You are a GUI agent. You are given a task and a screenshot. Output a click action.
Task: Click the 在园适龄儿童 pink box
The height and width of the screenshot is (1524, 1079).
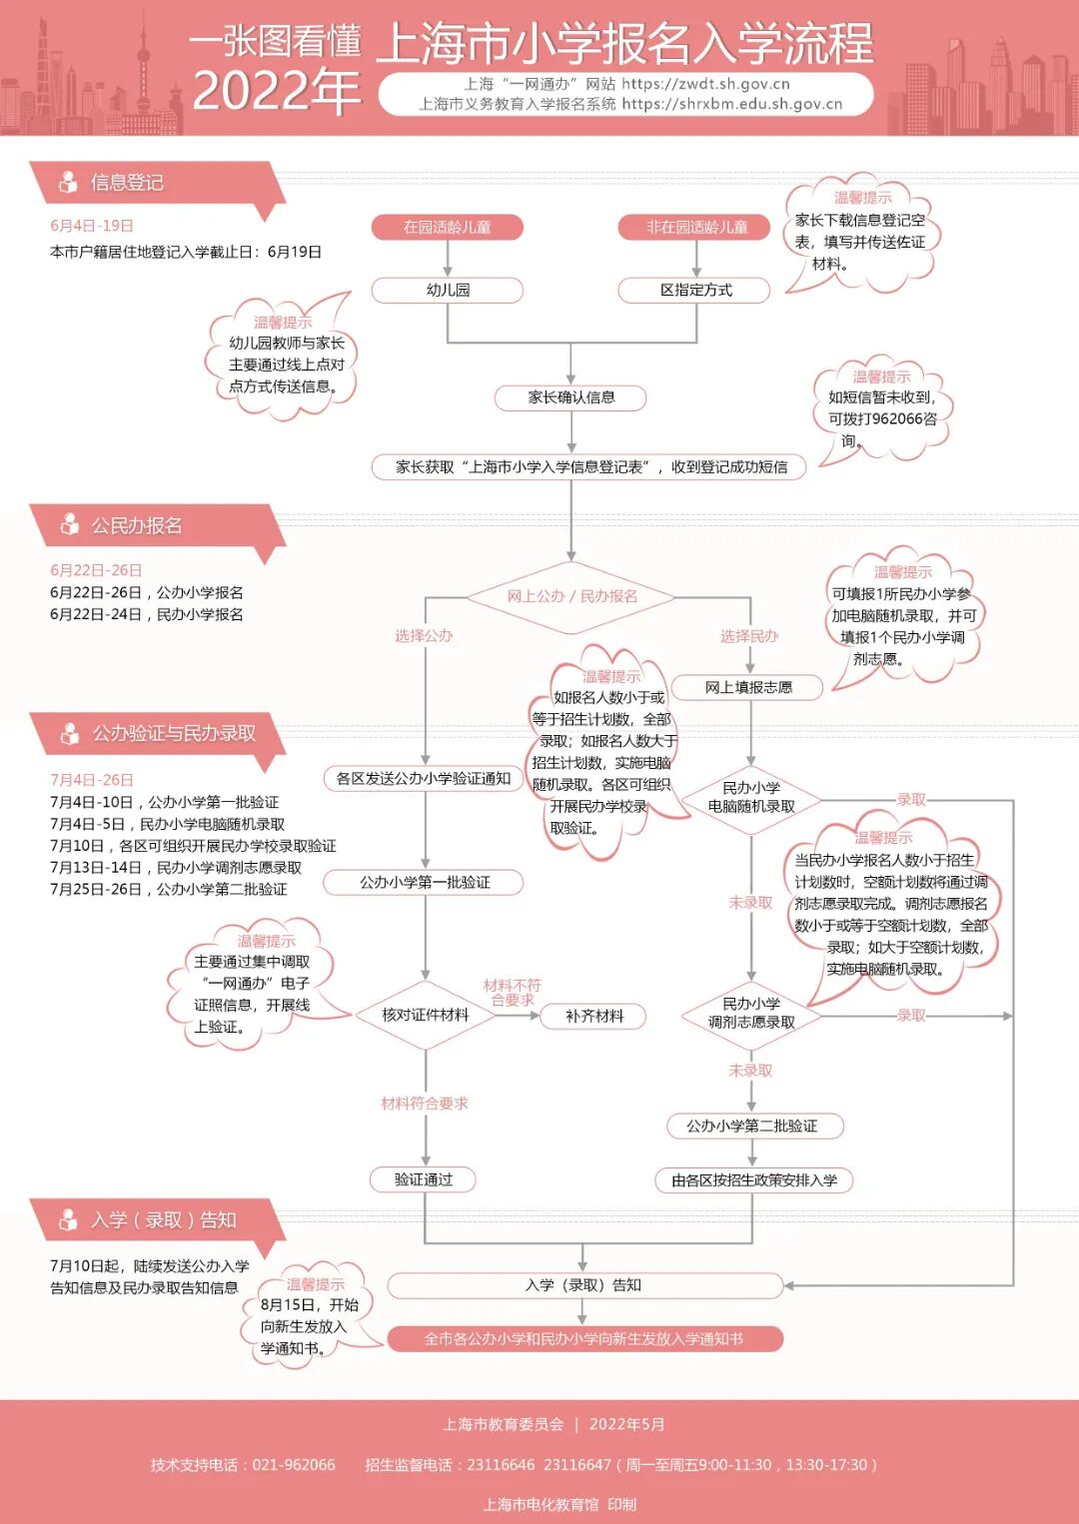tap(447, 227)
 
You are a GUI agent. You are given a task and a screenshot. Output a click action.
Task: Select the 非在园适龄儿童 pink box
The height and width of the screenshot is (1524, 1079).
tap(695, 227)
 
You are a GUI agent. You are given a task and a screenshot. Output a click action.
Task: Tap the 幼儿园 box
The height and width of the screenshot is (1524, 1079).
tap(447, 290)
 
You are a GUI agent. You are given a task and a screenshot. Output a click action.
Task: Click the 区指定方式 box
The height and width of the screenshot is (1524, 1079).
tap(695, 290)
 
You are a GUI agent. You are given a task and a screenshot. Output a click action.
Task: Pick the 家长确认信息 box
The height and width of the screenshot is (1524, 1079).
tap(570, 397)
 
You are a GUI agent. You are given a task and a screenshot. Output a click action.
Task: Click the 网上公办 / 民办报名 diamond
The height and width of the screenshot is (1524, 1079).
tap(571, 596)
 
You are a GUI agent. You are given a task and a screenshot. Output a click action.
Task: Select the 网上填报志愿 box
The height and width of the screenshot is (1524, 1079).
tap(748, 687)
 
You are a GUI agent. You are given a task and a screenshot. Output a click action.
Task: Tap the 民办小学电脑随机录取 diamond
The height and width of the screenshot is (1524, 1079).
tap(751, 798)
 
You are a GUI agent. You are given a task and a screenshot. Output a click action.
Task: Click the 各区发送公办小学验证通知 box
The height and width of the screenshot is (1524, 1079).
tap(424, 778)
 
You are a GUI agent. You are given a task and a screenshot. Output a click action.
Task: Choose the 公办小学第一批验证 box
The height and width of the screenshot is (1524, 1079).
tap(425, 882)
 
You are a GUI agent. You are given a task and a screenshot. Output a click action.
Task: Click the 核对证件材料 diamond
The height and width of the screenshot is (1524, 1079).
tap(425, 1015)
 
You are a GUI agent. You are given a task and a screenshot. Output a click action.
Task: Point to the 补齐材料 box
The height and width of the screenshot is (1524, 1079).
tap(594, 1016)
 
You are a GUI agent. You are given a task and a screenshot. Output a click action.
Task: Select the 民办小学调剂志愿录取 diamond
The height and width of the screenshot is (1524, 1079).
tap(751, 1014)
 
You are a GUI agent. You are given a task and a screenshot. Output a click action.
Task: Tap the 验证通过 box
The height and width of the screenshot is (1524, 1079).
tap(424, 1179)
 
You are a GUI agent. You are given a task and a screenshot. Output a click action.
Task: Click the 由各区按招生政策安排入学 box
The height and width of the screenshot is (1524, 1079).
tap(754, 1180)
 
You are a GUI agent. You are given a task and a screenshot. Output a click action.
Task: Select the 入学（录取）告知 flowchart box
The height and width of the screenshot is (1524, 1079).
tap(583, 1285)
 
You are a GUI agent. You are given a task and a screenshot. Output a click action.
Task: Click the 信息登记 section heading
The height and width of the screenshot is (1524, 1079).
tap(127, 183)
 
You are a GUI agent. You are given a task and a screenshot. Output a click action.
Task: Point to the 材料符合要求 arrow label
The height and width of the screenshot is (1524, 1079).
tap(425, 1104)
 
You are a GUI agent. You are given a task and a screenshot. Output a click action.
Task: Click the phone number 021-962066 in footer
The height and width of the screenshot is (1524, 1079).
tap(294, 1465)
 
